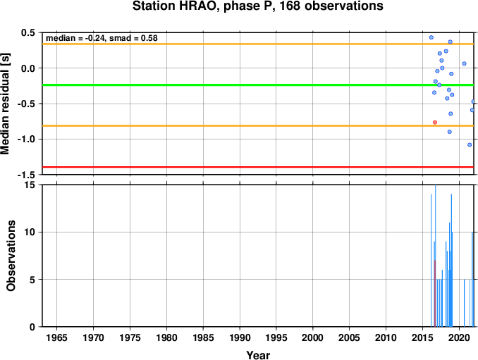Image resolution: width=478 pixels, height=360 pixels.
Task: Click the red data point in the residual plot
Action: (435, 123)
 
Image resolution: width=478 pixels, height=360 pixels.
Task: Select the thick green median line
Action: (258, 85)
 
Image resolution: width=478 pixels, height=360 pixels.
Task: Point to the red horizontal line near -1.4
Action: (258, 167)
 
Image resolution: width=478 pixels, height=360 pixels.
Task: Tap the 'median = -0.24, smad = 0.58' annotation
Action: (102, 38)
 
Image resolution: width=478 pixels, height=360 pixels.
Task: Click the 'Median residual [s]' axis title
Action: (5, 104)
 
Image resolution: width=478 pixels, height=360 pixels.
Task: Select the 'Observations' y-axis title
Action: (11, 256)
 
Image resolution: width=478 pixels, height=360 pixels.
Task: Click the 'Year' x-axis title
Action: (258, 355)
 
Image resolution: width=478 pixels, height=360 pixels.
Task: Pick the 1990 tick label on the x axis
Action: (240, 337)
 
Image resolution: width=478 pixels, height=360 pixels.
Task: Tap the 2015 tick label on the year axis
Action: (422, 337)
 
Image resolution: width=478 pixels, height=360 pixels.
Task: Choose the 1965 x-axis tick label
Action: (56, 337)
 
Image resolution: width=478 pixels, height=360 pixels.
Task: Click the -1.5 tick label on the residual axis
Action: (26, 175)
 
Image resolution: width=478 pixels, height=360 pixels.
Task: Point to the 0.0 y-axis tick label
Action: (28, 68)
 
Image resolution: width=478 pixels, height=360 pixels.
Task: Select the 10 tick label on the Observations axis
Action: (30, 232)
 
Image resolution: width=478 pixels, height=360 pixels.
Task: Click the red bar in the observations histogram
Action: (435, 294)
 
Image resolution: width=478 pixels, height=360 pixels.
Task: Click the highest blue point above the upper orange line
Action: (431, 37)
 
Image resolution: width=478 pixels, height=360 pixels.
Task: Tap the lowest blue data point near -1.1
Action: (470, 145)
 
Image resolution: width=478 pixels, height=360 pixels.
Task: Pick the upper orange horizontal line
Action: (258, 44)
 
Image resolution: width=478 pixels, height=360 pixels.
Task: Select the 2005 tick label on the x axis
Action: (350, 337)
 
